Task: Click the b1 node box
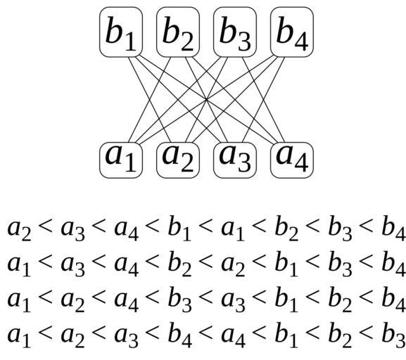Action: coord(121,32)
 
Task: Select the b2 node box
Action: coord(178,32)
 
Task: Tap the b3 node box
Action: coord(235,32)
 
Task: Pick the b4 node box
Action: coord(292,32)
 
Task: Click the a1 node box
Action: coord(121,160)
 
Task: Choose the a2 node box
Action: coord(178,160)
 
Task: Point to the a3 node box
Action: coord(235,160)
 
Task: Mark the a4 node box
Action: coord(292,160)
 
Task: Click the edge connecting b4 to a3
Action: coord(263,100)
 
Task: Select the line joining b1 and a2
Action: coord(149,100)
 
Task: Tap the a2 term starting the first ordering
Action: coord(19,230)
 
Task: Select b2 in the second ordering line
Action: coord(179,264)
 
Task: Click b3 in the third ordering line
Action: coord(179,300)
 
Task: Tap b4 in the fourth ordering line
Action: coord(179,335)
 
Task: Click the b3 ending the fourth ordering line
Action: coord(393,335)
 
